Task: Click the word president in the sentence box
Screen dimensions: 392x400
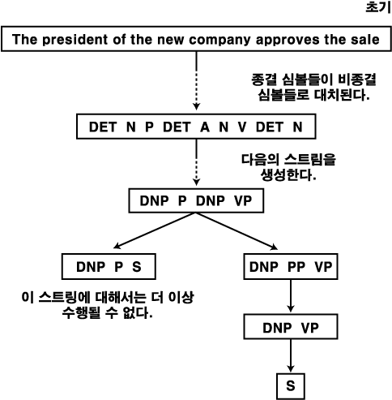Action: tap(75, 40)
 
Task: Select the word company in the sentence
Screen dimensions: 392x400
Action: tap(219, 40)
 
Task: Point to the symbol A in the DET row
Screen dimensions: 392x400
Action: tap(205, 127)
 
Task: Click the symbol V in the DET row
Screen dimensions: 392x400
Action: tap(242, 127)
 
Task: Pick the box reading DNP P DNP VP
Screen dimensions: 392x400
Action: tap(196, 200)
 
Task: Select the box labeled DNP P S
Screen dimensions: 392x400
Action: tap(109, 266)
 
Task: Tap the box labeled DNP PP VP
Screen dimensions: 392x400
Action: tap(291, 266)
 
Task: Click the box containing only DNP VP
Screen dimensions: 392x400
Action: tap(291, 327)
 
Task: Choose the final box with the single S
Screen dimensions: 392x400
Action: tap(291, 386)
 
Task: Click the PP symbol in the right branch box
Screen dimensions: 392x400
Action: tap(296, 267)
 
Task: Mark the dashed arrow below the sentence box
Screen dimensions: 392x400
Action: tap(196, 80)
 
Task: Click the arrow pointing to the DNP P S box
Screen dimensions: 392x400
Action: tap(155, 230)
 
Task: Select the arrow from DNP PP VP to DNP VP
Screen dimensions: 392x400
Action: tap(291, 295)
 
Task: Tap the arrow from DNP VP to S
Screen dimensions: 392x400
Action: tap(291, 355)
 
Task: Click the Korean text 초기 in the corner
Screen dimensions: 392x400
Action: tap(378, 7)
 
